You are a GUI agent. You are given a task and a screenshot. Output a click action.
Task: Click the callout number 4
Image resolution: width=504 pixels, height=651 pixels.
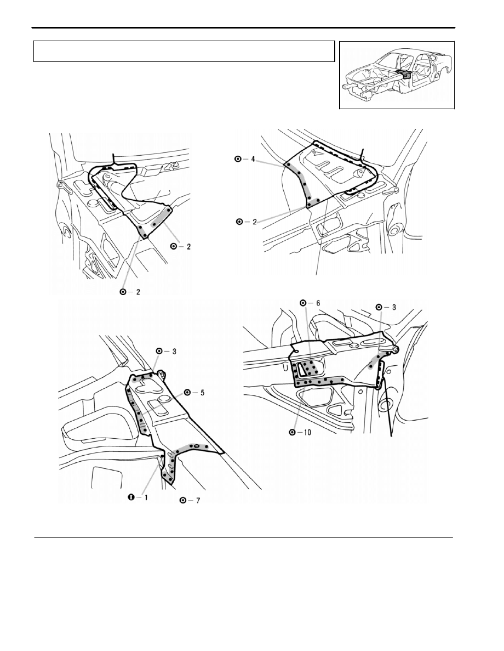[x=253, y=159]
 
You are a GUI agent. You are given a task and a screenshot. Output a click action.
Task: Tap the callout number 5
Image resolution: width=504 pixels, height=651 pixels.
[x=202, y=392]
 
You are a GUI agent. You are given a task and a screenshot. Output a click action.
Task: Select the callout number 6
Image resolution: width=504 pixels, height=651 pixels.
[x=318, y=303]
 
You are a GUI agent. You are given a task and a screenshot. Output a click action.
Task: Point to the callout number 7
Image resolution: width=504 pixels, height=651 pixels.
[x=198, y=501]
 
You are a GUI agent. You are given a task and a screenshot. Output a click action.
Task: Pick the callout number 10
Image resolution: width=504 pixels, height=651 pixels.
[x=307, y=432]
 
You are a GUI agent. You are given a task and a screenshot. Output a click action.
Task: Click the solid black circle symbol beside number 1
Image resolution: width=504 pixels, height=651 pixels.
[x=131, y=497]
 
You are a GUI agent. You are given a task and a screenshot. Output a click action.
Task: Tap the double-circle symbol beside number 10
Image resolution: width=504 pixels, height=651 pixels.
[x=293, y=432]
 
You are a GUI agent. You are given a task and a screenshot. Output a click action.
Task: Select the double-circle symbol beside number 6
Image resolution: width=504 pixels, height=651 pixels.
[x=303, y=303]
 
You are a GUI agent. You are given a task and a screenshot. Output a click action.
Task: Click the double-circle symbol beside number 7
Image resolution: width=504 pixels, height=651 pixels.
[x=183, y=501]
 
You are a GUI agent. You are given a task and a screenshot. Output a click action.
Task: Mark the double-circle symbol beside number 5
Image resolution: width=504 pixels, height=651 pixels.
[x=187, y=392]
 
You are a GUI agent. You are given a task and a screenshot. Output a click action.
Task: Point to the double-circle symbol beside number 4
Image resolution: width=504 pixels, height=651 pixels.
[x=238, y=159]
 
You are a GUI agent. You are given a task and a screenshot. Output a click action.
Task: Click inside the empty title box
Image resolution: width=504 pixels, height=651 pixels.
[x=184, y=51]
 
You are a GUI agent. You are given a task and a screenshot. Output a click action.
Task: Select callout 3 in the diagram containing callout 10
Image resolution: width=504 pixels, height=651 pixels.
[x=394, y=307]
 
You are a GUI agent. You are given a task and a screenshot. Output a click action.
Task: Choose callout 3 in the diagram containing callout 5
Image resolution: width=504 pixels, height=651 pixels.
[x=174, y=351]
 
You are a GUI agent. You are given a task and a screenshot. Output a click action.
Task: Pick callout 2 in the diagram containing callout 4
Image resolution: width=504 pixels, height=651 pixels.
[x=255, y=222]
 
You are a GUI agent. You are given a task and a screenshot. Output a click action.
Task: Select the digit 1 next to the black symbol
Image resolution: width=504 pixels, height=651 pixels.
[x=146, y=497]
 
